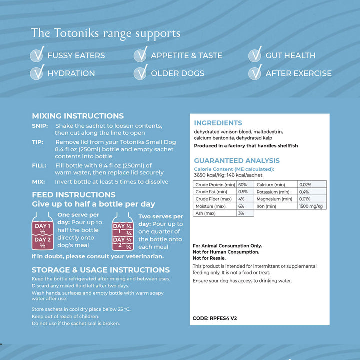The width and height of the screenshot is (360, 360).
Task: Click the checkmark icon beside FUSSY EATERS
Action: tap(37, 54)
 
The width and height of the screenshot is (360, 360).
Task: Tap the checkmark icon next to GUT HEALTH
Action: tap(255, 54)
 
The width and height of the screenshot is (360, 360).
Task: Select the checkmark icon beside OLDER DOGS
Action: tap(141, 72)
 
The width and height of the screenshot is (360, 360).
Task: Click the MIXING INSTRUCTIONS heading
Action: tap(78, 116)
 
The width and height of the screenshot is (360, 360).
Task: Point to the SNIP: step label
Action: tap(40, 126)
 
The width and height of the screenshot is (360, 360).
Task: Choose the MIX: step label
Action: tap(39, 182)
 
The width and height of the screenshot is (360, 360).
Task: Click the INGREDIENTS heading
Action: tap(218, 123)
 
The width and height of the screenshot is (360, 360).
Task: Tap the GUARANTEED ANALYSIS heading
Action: tap(237, 161)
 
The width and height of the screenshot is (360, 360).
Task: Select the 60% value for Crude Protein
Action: tap(242, 185)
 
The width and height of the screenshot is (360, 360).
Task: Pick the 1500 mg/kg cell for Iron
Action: tap(310, 206)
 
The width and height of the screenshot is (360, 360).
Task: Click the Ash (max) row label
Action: tap(206, 213)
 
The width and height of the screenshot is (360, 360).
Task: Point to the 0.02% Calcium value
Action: tap(305, 185)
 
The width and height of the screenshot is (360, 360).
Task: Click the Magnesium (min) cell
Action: tap(274, 199)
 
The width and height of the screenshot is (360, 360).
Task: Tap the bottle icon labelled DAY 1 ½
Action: tap(42, 233)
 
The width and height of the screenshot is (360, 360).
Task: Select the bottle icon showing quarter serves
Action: tap(122, 233)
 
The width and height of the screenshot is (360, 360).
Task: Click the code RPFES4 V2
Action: tap(215, 318)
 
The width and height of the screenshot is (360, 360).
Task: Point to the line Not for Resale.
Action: tap(209, 258)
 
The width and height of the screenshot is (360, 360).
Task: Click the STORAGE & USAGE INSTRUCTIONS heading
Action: tap(101, 270)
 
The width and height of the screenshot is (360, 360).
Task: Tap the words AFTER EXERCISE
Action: tap(298, 73)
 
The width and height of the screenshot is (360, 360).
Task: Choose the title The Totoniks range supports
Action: tap(105, 33)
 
